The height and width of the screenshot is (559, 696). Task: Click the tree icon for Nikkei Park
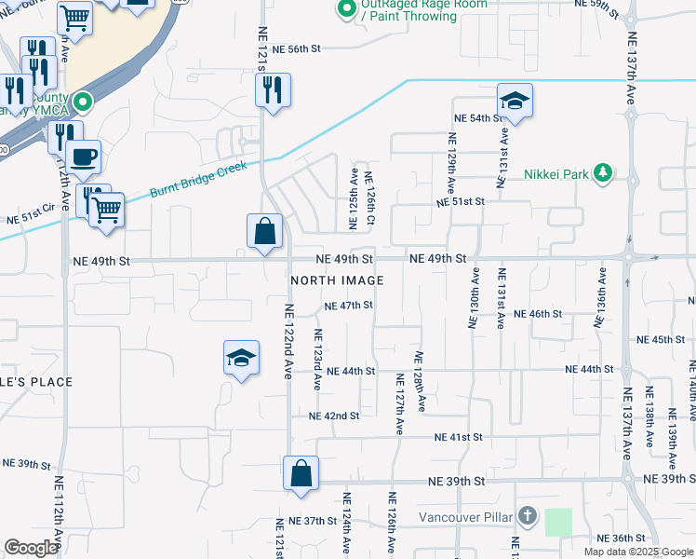[604, 171]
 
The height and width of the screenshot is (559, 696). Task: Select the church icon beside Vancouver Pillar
[527, 515]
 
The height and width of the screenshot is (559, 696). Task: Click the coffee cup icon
[84, 157]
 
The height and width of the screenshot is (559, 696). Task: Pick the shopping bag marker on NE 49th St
[265, 230]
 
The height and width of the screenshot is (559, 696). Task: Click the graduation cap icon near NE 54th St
[514, 101]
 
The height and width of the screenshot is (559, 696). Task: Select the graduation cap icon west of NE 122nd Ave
[241, 358]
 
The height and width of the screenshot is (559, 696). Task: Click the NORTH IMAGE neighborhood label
[337, 280]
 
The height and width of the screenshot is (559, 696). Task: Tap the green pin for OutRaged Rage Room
[346, 9]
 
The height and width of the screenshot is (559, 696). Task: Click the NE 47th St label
[349, 306]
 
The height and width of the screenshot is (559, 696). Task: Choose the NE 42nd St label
[334, 416]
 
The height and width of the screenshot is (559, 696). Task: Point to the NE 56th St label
[297, 48]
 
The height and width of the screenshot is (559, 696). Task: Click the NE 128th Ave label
[420, 382]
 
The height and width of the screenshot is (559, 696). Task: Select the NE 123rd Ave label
[317, 359]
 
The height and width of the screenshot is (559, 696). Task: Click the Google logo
[32, 548]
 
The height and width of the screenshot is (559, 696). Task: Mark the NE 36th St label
[621, 539]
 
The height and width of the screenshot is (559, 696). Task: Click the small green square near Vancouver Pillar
[558, 522]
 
